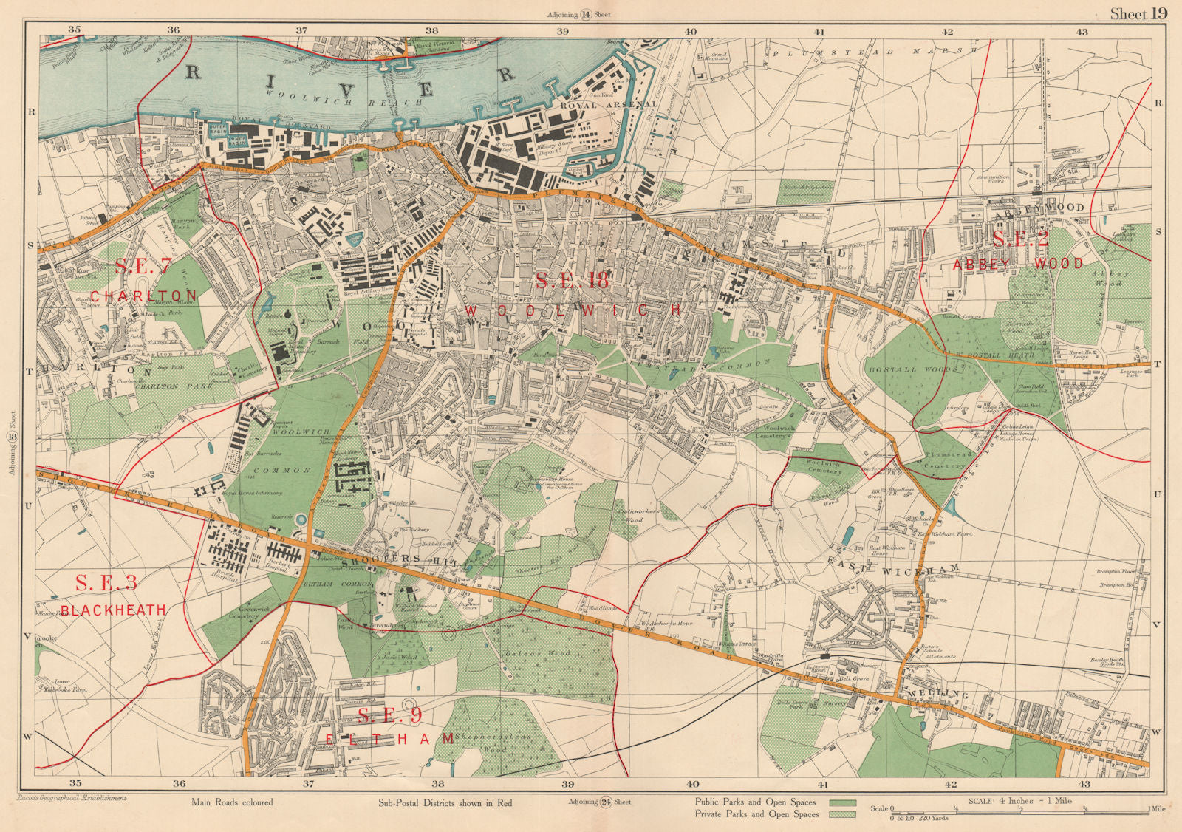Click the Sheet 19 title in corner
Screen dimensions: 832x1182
pos(1138,13)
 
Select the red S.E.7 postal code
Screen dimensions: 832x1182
pos(143,267)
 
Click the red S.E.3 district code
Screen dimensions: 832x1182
pos(106,582)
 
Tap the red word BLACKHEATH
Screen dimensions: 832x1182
pos(113,610)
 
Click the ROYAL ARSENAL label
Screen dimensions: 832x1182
pos(588,106)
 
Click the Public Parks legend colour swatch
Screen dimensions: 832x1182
pos(842,802)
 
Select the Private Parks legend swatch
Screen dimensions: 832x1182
pos(842,814)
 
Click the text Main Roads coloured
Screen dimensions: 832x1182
pos(231,802)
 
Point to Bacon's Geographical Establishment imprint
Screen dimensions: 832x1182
pos(71,798)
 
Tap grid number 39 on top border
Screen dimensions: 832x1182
pos(562,31)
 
